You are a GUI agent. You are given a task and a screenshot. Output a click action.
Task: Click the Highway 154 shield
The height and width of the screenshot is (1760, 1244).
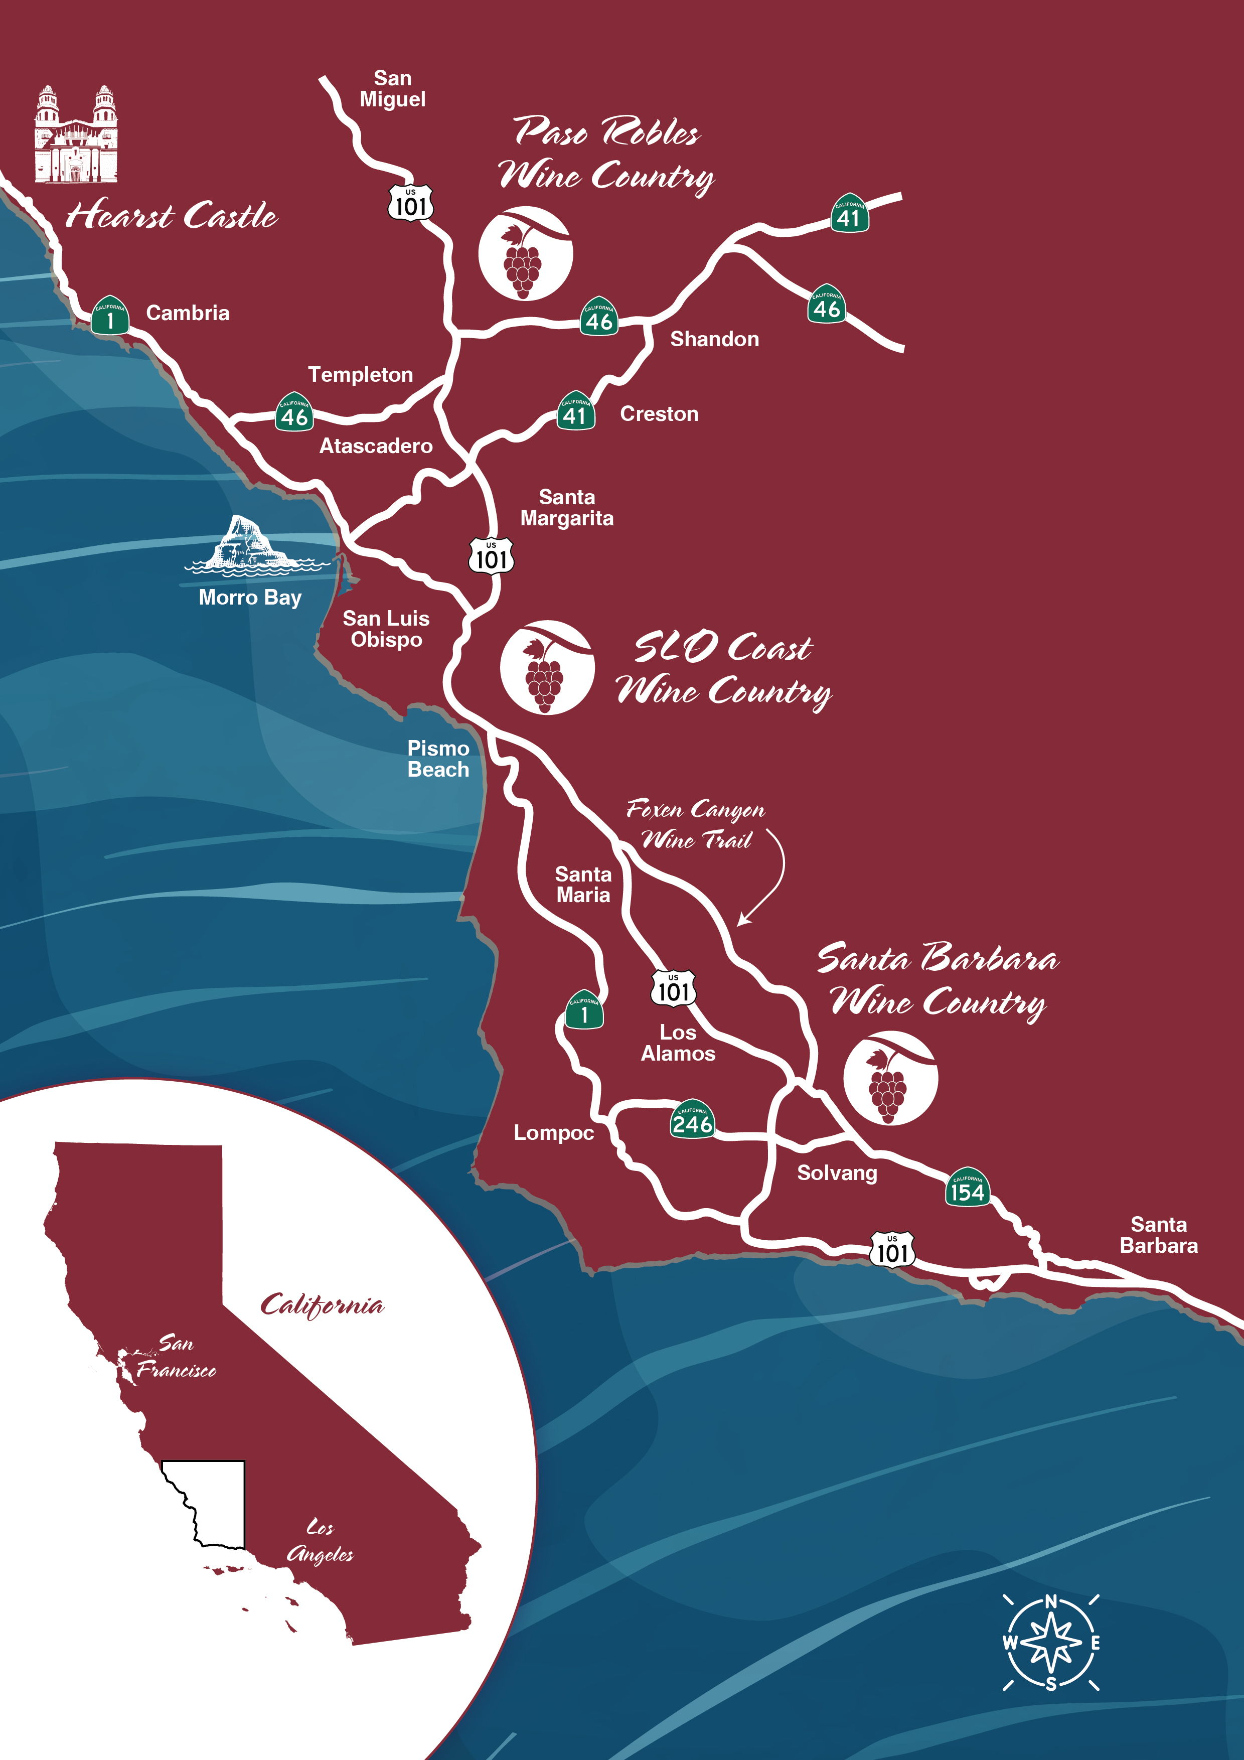(967, 1188)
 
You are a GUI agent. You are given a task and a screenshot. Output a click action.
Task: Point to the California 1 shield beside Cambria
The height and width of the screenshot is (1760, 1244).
(110, 316)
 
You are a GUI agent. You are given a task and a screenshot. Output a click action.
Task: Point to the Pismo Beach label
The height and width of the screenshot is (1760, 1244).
(438, 759)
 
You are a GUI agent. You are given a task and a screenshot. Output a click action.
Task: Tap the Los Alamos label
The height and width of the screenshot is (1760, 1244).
(678, 1043)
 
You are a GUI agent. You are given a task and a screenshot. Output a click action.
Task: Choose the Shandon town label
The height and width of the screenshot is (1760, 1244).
(714, 339)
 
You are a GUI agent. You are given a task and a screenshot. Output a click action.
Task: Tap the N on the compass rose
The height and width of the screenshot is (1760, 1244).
(1051, 1601)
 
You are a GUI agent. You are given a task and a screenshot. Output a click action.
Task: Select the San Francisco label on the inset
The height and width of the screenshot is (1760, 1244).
(176, 1356)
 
